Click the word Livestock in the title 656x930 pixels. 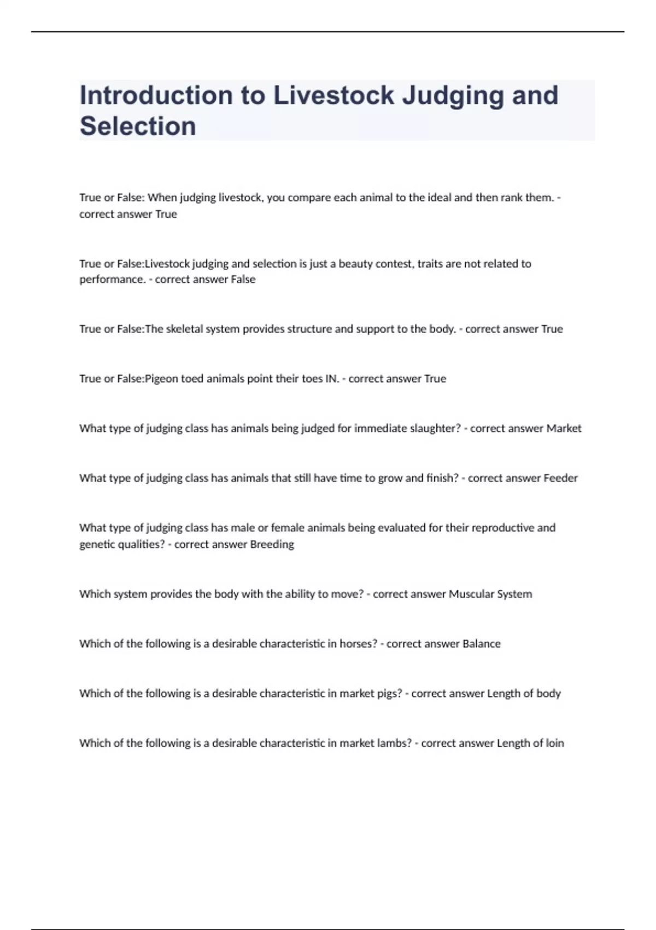click(x=333, y=95)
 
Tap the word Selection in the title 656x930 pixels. click(x=138, y=126)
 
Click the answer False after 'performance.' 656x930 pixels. click(x=243, y=280)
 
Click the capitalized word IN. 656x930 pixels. click(x=332, y=379)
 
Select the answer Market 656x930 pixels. click(x=564, y=428)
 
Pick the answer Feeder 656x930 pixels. click(x=560, y=478)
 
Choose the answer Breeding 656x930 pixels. click(x=272, y=544)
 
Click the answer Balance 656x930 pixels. click(x=481, y=644)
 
